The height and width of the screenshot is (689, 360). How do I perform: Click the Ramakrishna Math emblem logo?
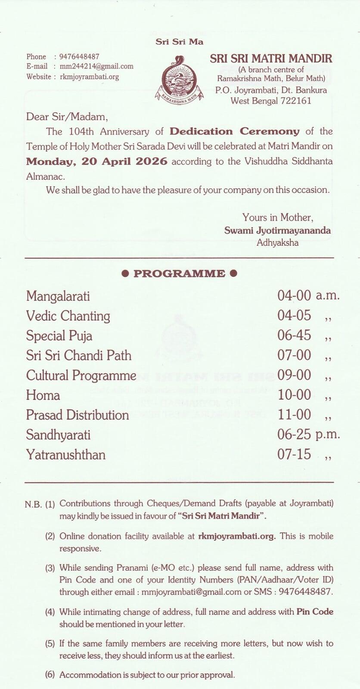[x=179, y=79]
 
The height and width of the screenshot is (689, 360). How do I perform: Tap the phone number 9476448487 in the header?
[x=79, y=56]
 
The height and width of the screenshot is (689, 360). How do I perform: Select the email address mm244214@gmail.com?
[x=96, y=66]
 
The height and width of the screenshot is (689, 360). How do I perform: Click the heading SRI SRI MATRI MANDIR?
[x=271, y=58]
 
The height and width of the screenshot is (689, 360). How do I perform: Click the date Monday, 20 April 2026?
[x=97, y=161]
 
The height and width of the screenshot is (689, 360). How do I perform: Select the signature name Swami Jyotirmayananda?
[x=277, y=230]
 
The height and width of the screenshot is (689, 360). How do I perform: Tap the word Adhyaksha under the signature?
[x=277, y=242]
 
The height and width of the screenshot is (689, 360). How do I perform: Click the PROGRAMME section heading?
[x=179, y=274]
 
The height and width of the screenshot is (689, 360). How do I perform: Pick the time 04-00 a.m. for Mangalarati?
[x=308, y=295]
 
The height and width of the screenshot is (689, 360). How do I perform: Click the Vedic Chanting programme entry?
[x=68, y=316]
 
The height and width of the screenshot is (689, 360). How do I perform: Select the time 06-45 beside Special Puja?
[x=294, y=335]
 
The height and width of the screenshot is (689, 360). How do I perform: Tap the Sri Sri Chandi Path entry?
[x=79, y=356]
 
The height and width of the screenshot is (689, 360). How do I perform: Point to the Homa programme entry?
[x=43, y=395]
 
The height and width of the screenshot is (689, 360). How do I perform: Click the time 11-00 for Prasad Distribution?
[x=294, y=415]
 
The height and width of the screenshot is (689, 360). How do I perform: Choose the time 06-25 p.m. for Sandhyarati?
[x=308, y=435]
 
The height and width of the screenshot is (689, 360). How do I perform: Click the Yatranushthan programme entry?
[x=66, y=455]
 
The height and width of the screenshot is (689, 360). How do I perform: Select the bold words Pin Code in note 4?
[x=315, y=612]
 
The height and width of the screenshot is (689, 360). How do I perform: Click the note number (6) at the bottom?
[x=50, y=675]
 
